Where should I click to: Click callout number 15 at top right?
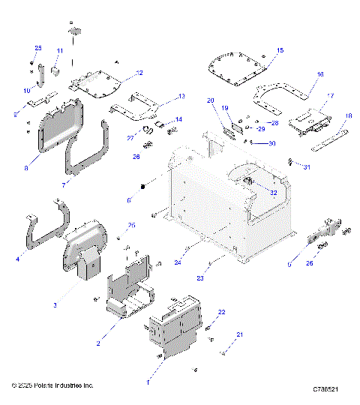click(280, 50)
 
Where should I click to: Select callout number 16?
click(320, 75)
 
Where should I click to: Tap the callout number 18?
click(348, 115)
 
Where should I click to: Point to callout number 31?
click(306, 166)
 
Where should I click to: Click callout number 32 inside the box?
click(274, 193)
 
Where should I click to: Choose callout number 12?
click(139, 73)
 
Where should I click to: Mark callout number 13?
click(181, 97)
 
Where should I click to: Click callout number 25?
click(39, 49)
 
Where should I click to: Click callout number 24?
click(177, 262)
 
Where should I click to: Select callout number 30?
click(272, 144)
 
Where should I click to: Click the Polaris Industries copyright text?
click(52, 385)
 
